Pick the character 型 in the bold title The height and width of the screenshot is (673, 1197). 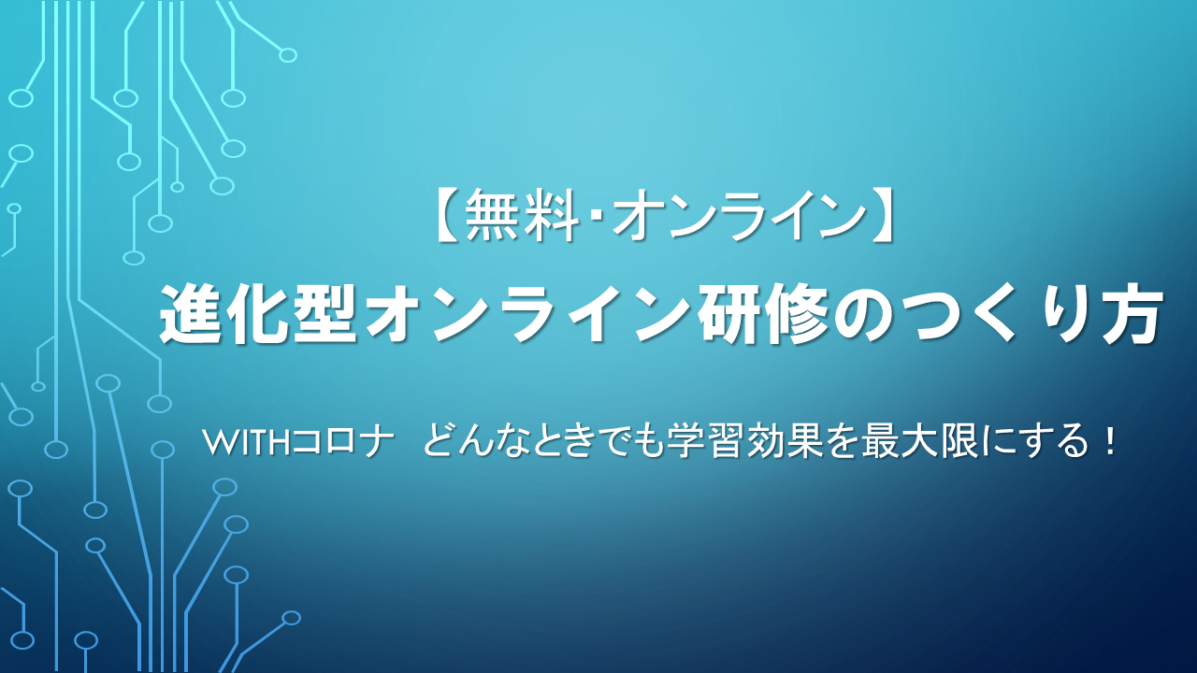(324, 313)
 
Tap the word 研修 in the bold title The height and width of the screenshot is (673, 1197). (761, 313)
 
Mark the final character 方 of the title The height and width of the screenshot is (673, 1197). (1129, 313)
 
